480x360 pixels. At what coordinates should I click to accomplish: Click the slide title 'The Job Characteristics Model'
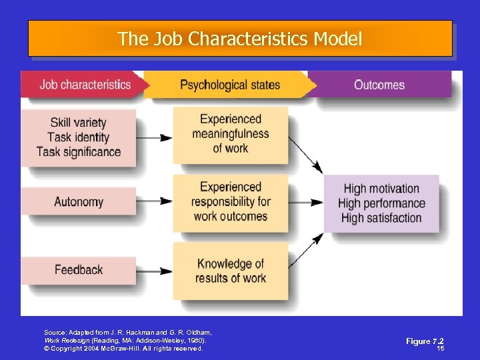[240, 39]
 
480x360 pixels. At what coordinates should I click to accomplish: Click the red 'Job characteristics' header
[85, 85]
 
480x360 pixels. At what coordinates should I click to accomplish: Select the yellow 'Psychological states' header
[230, 85]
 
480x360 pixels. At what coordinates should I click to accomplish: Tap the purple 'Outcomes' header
[379, 85]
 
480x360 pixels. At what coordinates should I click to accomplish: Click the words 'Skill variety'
[78, 123]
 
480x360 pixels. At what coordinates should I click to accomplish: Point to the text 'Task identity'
[78, 137]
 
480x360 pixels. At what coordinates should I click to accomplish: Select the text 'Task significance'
[79, 152]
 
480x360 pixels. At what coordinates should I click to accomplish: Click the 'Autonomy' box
[79, 201]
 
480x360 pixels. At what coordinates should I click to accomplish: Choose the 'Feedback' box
[79, 269]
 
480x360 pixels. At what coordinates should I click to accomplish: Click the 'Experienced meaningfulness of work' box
[231, 133]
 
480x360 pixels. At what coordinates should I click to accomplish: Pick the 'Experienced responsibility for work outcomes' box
[231, 201]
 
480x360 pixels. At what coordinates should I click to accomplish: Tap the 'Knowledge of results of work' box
[231, 270]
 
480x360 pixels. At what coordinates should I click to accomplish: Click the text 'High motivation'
[381, 189]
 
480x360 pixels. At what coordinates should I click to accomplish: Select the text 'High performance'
[381, 203]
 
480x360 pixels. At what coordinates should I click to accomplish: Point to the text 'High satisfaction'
[381, 218]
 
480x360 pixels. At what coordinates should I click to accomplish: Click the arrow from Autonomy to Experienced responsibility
[154, 201]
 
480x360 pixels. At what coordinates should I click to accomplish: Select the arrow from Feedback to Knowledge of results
[154, 269]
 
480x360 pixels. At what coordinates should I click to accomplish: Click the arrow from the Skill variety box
[154, 138]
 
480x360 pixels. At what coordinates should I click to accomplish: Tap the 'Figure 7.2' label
[425, 341]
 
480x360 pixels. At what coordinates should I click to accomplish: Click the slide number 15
[440, 348]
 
